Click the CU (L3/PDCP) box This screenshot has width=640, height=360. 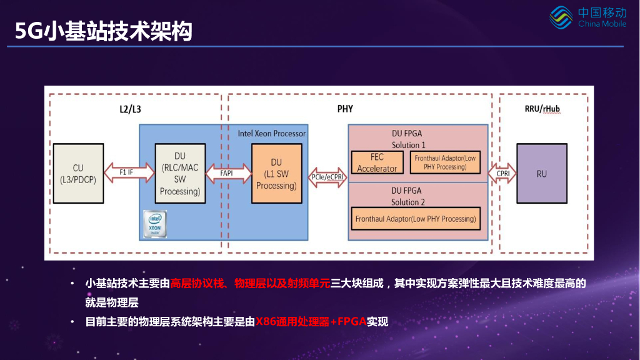click(x=77, y=174)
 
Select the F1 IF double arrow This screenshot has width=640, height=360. click(x=127, y=172)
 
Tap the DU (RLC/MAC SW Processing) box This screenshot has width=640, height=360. click(x=180, y=174)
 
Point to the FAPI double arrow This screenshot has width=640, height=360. click(x=227, y=172)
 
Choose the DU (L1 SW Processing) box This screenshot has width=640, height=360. click(x=276, y=174)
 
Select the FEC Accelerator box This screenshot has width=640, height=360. click(x=377, y=162)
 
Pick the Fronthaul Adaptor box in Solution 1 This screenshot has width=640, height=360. click(x=445, y=162)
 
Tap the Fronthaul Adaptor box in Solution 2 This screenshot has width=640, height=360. click(x=416, y=219)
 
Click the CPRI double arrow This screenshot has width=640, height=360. click(x=502, y=173)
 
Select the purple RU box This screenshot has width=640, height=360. click(x=542, y=174)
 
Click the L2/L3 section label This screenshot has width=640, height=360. click(x=130, y=109)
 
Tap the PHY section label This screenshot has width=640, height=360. click(x=345, y=109)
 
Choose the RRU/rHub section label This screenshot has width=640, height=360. click(x=542, y=109)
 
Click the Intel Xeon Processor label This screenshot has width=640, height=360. click(x=272, y=134)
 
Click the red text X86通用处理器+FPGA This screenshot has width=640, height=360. click(x=311, y=322)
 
